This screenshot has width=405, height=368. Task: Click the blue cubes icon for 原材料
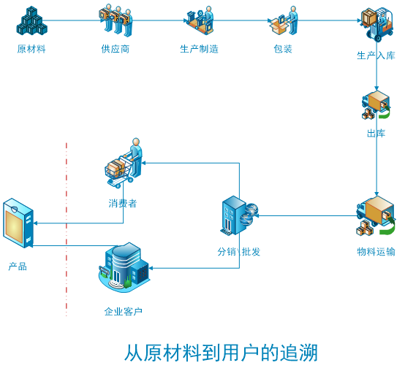coord(31,21)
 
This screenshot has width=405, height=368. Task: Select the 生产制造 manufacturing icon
coord(199,21)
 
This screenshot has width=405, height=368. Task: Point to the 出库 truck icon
coord(376,106)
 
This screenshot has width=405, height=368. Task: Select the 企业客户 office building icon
coord(124,267)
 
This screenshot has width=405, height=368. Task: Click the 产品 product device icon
coord(18,223)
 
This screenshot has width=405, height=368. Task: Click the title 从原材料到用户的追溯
coord(221,352)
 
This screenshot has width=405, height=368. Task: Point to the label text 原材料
coord(31,49)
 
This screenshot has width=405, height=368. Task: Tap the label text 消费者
coord(123,204)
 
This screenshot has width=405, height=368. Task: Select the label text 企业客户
coord(123,312)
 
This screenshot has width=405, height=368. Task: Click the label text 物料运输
coord(376,252)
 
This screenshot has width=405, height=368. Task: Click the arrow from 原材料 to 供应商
coord(73,20)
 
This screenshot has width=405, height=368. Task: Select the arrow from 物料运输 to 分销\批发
coord(307,215)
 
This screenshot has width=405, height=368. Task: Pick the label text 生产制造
coord(199,49)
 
